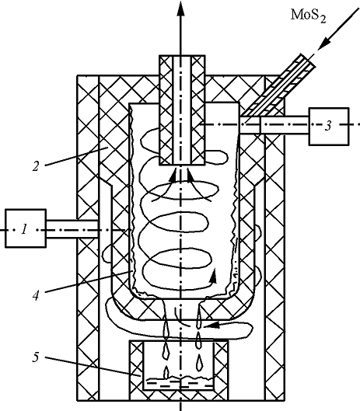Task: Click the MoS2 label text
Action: [x=309, y=16]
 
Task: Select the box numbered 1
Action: [x=26, y=228]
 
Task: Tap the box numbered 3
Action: [x=329, y=126]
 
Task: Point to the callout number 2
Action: [x=36, y=166]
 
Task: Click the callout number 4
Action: [x=36, y=295]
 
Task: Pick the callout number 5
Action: [x=36, y=357]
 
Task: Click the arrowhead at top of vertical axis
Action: [x=180, y=9]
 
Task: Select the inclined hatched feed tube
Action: [x=278, y=85]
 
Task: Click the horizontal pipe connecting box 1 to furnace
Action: [x=72, y=229]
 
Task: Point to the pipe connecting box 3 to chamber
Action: [x=274, y=125]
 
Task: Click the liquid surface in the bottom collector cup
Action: [x=179, y=378]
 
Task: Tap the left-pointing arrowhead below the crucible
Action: [x=212, y=326]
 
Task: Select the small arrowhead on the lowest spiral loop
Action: [x=214, y=276]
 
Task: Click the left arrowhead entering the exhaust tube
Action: [x=173, y=175]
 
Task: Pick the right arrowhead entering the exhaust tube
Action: [x=190, y=175]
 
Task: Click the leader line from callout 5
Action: [x=93, y=367]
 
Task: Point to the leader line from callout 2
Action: [x=76, y=156]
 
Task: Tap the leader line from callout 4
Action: [x=89, y=281]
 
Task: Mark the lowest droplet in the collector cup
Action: [x=166, y=372]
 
